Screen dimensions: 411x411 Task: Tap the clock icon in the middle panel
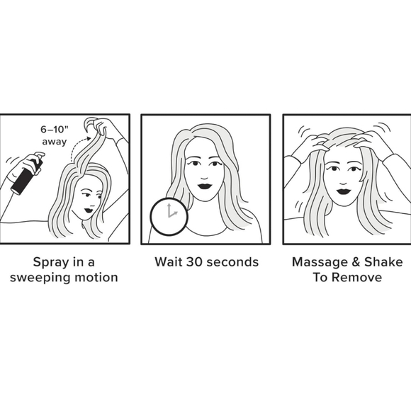coord(168,215)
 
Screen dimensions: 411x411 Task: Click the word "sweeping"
coord(43,277)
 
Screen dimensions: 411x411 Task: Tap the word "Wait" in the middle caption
coord(169,262)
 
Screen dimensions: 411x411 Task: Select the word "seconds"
coord(235,262)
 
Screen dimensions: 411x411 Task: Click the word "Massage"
coord(319,262)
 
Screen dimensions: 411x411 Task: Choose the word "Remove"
coord(357,277)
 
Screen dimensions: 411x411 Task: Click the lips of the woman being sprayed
coord(89,209)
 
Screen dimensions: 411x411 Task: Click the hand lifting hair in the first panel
coord(107,128)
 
